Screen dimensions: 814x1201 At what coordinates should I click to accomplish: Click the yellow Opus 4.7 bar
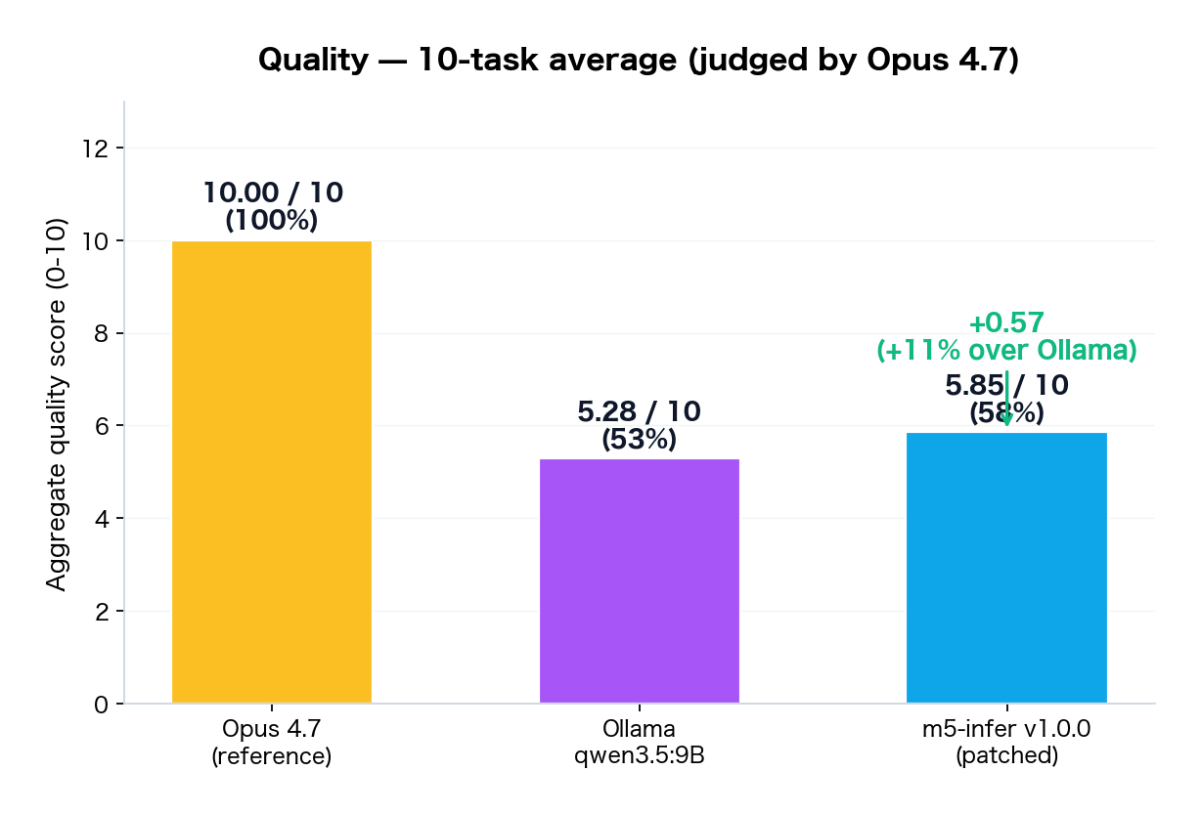(272, 472)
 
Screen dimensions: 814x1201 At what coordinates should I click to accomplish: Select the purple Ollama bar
(639, 580)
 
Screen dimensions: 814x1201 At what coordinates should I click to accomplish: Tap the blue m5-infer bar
(1006, 568)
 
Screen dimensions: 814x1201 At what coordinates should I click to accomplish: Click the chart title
(639, 61)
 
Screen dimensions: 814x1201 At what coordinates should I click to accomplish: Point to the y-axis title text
(57, 404)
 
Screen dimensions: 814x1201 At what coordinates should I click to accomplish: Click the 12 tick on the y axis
(98, 149)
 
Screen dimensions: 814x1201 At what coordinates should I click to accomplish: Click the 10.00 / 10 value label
(273, 193)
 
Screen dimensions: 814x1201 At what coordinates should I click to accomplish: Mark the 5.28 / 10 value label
(639, 412)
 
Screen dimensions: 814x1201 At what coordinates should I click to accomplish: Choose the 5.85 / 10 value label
(1006, 386)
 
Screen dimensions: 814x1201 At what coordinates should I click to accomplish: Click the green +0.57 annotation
(1006, 323)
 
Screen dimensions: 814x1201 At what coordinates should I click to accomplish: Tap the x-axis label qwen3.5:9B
(639, 756)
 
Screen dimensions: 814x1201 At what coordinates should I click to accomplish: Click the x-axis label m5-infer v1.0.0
(1006, 729)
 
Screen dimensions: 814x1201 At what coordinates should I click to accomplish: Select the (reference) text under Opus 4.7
(272, 756)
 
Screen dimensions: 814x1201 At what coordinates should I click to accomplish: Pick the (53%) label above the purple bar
(639, 440)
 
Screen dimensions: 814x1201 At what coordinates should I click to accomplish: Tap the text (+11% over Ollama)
(1006, 351)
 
